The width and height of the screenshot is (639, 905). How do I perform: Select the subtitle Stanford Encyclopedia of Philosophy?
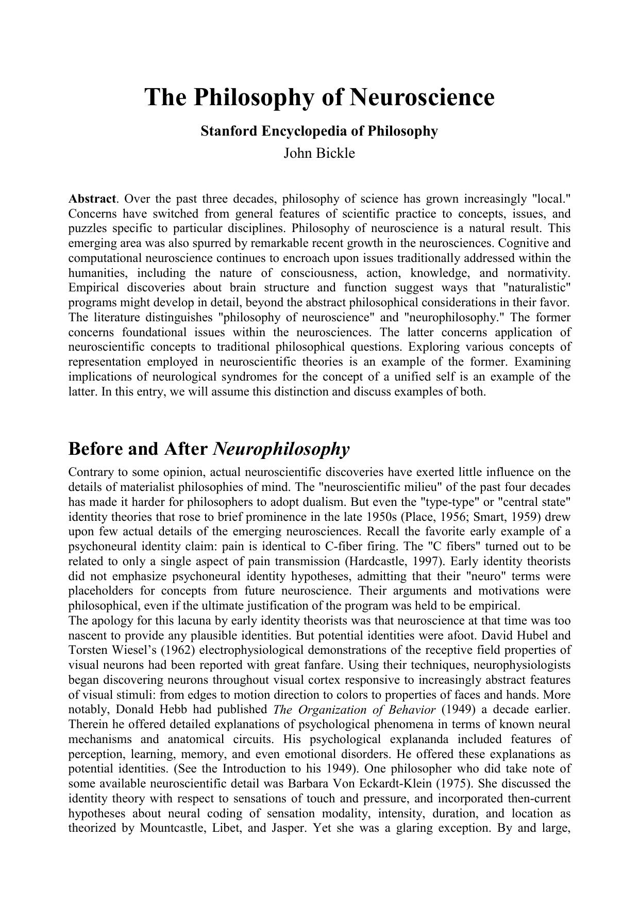point(319,131)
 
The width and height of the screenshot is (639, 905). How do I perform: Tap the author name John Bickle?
point(319,153)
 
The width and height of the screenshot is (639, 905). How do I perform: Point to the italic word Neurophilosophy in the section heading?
point(281,449)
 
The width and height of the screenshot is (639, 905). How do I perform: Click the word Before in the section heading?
point(95,449)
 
